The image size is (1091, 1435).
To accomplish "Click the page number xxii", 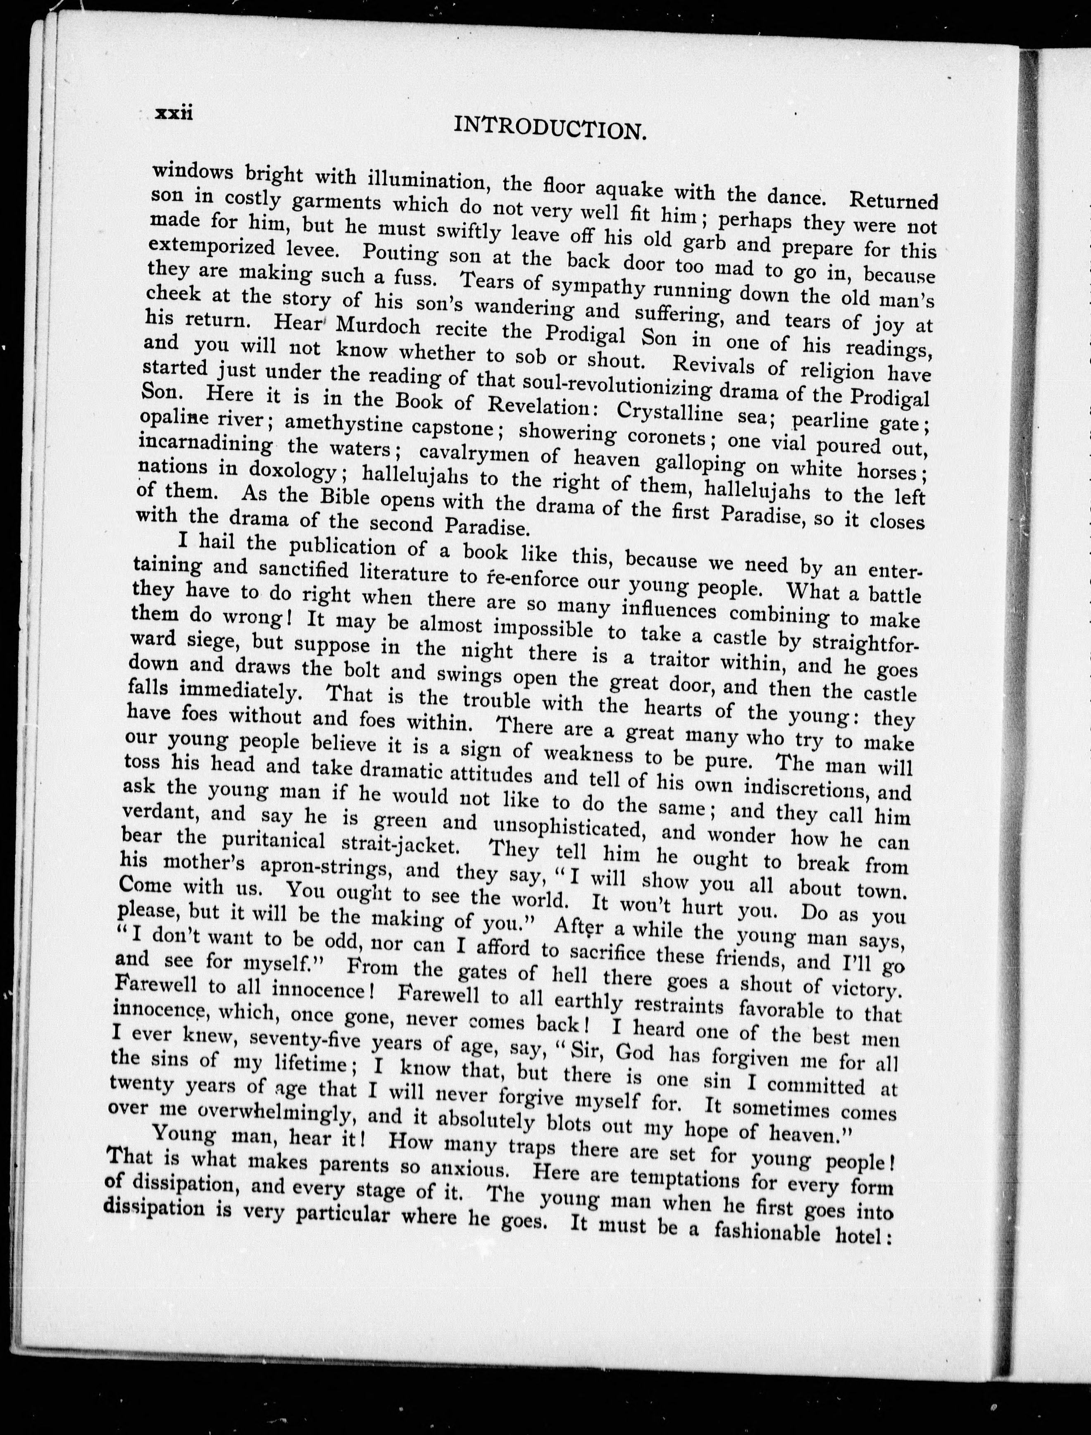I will click(x=174, y=112).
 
